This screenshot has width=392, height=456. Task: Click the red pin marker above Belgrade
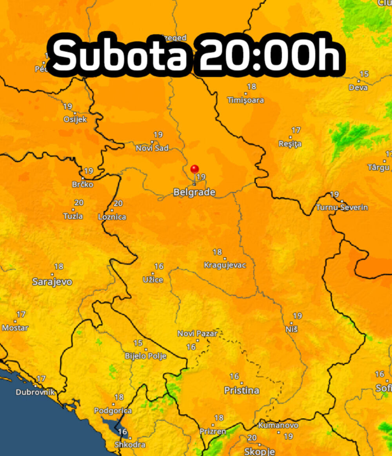pos(194,169)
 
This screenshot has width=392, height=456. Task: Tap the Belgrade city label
pos(194,192)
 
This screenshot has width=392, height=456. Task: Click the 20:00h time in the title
pos(269,55)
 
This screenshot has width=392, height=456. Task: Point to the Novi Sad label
pos(152,148)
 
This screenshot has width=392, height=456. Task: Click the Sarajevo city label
pos(52,282)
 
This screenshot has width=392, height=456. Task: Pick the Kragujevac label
pos(225,265)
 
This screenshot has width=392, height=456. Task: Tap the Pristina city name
pos(241,390)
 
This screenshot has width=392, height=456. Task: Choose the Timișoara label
pos(246,100)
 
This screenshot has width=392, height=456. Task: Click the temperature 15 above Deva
pos(364,74)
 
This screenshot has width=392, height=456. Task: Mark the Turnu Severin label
pos(342,207)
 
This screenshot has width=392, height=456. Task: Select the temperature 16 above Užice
pos(159,267)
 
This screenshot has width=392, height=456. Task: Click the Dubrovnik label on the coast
pos(35,392)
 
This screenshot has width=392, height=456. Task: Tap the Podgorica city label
pos(113,411)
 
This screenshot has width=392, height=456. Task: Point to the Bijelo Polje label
pos(145,356)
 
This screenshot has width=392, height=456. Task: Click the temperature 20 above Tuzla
pos(79,203)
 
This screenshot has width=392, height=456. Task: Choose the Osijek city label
pos(75,119)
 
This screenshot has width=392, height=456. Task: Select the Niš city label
pos(292,329)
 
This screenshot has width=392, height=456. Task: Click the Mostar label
pos(15,328)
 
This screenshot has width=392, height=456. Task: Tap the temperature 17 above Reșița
pos(296,130)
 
